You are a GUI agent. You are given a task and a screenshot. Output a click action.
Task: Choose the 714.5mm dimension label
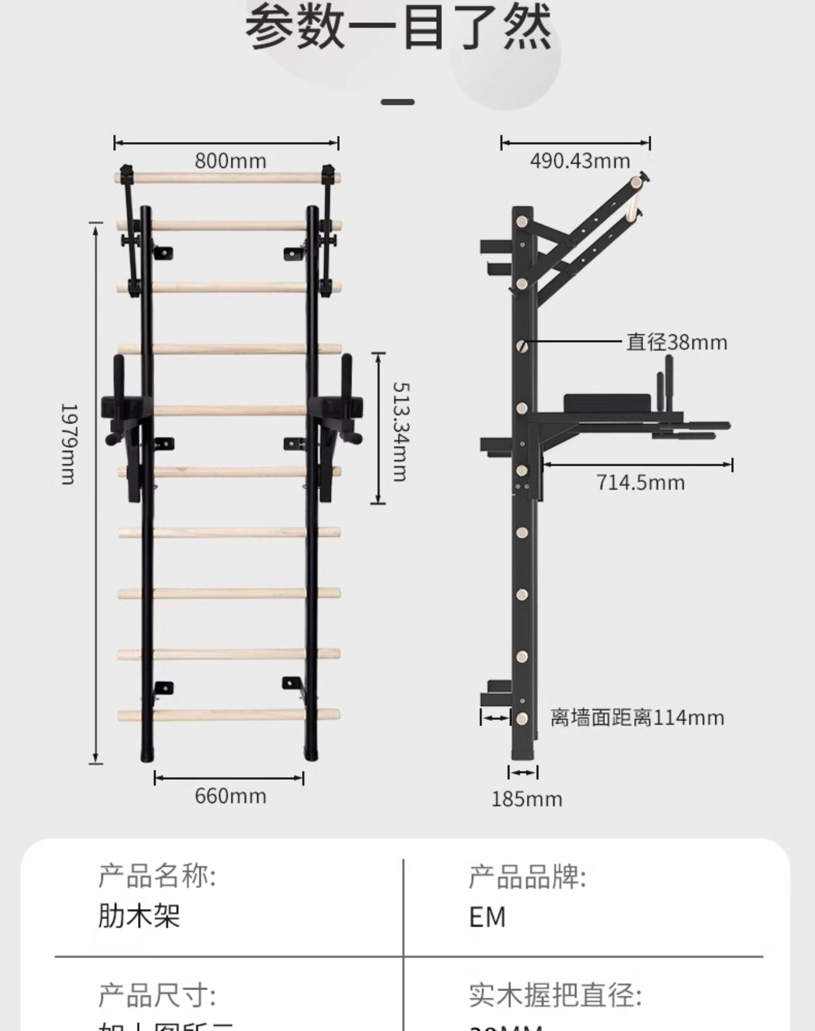coord(640,483)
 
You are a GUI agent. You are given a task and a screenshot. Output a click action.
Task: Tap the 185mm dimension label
coord(527,799)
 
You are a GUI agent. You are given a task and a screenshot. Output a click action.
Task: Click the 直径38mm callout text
coord(677,342)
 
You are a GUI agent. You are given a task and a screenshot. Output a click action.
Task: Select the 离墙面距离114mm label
coord(637,717)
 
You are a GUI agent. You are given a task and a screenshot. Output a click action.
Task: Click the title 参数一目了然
coord(398,28)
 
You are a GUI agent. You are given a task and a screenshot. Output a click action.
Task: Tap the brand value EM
coord(487,917)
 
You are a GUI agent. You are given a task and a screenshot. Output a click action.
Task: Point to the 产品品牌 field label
coord(527,876)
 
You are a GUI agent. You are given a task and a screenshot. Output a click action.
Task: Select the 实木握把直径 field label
coord(555,995)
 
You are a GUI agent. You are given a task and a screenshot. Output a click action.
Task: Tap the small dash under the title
coord(398,102)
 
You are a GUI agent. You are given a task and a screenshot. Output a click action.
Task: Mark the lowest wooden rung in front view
coord(229,715)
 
